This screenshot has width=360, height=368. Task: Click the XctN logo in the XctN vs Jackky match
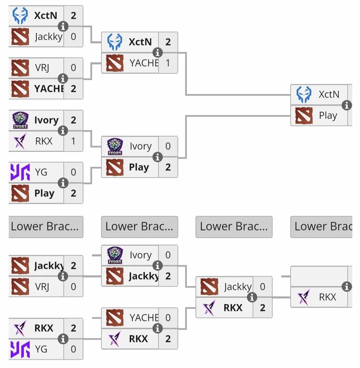click(x=20, y=16)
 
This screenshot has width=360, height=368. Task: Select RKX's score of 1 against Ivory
click(x=73, y=141)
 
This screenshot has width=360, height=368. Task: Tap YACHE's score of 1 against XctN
click(x=168, y=63)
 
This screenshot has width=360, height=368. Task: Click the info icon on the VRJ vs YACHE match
click(x=63, y=78)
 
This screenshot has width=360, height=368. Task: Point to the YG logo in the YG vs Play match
click(x=20, y=172)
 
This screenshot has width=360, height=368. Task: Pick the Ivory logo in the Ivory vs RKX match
click(x=20, y=120)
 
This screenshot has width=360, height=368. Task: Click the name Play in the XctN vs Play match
click(x=328, y=116)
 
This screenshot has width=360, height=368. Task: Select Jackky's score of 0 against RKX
click(x=262, y=287)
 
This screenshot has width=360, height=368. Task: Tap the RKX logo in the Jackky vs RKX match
click(x=209, y=308)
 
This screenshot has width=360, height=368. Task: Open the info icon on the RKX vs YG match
click(x=63, y=339)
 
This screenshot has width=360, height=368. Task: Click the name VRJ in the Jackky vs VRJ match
click(x=42, y=287)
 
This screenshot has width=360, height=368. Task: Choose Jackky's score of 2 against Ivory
click(x=168, y=276)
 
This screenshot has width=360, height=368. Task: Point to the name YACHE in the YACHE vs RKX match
click(x=143, y=318)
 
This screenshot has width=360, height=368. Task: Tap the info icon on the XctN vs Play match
click(x=347, y=105)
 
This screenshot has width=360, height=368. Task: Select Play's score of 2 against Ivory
click(x=168, y=167)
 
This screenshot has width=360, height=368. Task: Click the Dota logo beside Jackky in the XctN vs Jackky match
click(x=20, y=36)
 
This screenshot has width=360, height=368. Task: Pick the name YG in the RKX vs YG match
click(x=41, y=349)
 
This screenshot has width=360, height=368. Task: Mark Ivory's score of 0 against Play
click(x=168, y=146)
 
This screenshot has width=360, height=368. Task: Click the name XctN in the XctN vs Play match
click(x=329, y=95)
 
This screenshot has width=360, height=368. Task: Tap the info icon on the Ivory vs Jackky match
click(x=157, y=265)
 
